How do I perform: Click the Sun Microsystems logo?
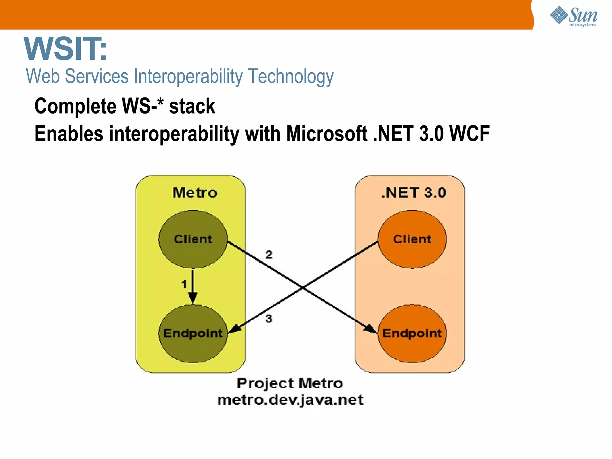coord(574,16)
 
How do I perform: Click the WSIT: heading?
coord(65,49)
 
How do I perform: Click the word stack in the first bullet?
coord(192,106)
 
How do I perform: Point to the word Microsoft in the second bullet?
coord(327,134)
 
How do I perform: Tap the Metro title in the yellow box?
coord(195,193)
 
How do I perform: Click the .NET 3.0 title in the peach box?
coord(414,193)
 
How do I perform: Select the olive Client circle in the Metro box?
coord(193,239)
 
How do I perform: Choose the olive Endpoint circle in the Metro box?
coord(193,333)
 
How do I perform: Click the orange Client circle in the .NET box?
coord(412,239)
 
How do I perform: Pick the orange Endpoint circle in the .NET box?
coord(412,333)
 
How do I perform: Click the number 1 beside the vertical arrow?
coord(184,284)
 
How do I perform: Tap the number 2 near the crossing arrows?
coord(269,255)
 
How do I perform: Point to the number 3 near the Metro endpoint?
coord(269,319)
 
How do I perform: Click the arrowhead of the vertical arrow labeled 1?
coord(193,298)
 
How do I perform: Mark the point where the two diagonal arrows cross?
coord(302,288)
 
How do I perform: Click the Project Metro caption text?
coord(290,383)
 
